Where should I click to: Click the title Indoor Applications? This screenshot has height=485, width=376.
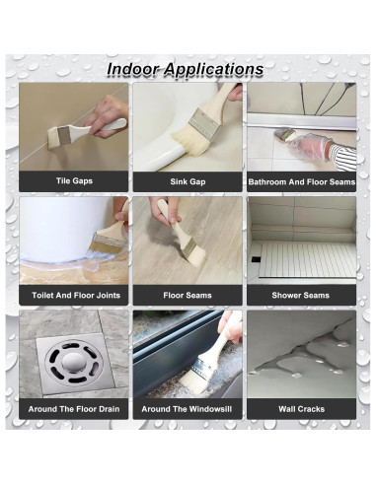pyautogui.click(x=185, y=70)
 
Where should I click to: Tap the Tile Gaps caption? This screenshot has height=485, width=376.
pyautogui.click(x=74, y=181)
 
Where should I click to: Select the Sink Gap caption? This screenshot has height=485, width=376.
pyautogui.click(x=187, y=181)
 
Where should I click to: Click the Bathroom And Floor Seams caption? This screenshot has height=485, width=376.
pyautogui.click(x=300, y=181)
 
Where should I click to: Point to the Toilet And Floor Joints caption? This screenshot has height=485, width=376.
pyautogui.click(x=74, y=295)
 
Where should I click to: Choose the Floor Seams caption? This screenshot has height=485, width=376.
pyautogui.click(x=187, y=295)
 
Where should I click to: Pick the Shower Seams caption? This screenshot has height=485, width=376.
pyautogui.click(x=300, y=295)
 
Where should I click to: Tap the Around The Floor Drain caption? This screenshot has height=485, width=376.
pyautogui.click(x=74, y=408)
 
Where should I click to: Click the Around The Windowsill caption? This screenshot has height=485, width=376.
pyautogui.click(x=187, y=408)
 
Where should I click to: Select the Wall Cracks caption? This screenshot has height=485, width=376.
pyautogui.click(x=300, y=408)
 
